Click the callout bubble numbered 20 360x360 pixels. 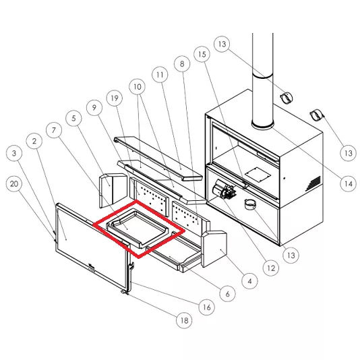(x=14, y=183)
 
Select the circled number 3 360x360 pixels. (x=14, y=153)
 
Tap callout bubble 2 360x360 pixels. (x=34, y=141)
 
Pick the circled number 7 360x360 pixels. (x=54, y=130)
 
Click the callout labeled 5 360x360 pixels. (x=73, y=118)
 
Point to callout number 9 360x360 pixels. (x=94, y=107)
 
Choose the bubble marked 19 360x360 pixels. (x=115, y=98)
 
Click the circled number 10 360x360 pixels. (x=138, y=87)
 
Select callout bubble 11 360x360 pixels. (x=160, y=75)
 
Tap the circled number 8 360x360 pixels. (x=182, y=63)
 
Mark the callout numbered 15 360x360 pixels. (x=202, y=55)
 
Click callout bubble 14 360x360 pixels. (x=348, y=183)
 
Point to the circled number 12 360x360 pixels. (x=271, y=268)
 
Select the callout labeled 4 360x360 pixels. (x=250, y=281)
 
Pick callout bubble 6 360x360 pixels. (x=227, y=294)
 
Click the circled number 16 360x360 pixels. (x=207, y=307)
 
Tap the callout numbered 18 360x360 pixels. (x=184, y=320)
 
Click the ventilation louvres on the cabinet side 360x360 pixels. (x=313, y=183)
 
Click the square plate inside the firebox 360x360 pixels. (x=258, y=175)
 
